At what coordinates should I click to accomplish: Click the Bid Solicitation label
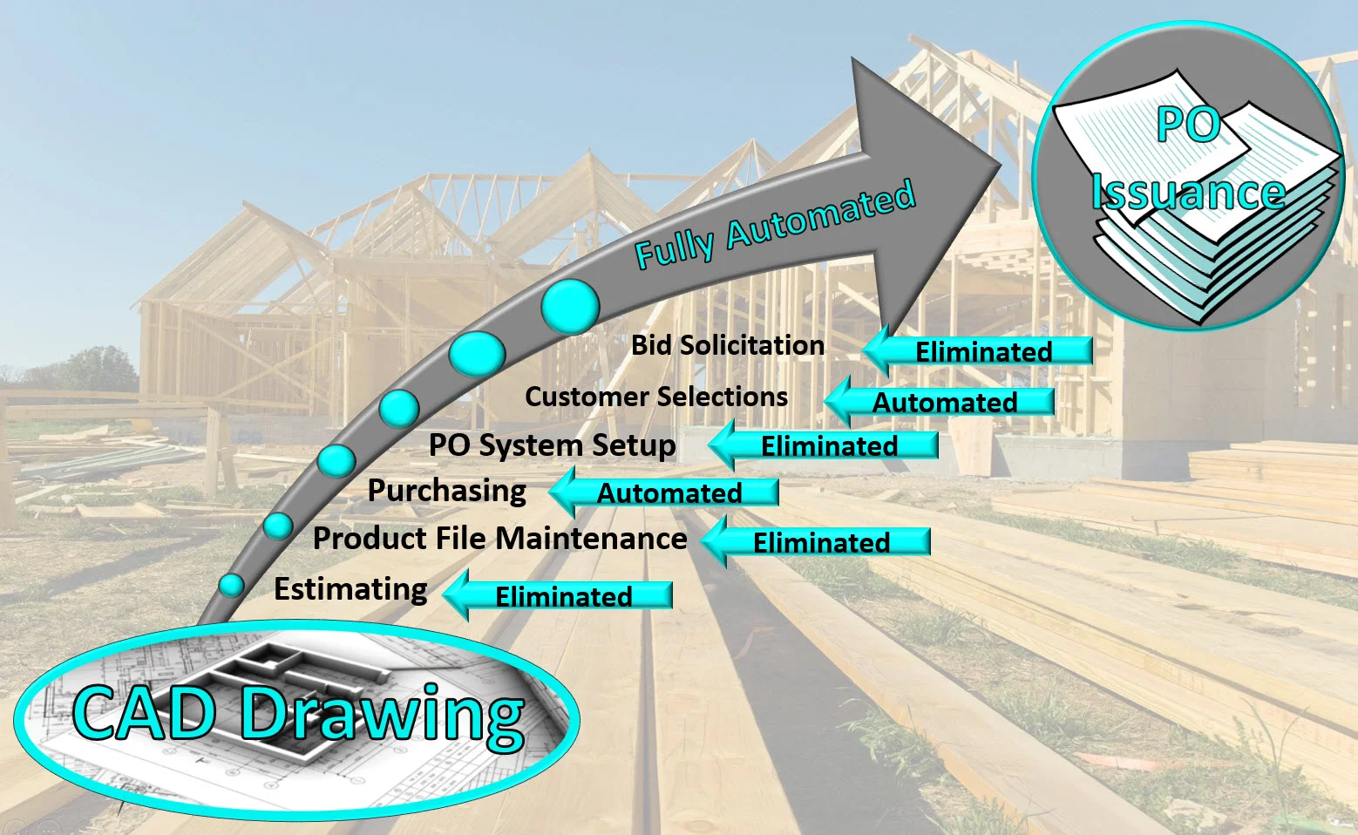pyautogui.click(x=727, y=345)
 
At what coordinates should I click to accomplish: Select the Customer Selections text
pyautogui.click(x=655, y=397)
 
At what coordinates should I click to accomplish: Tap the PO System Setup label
pyautogui.click(x=552, y=445)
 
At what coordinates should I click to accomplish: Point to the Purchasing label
pyautogui.click(x=446, y=491)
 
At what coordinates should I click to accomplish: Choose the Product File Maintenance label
pyautogui.click(x=499, y=539)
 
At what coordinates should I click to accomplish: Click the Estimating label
pyautogui.click(x=350, y=589)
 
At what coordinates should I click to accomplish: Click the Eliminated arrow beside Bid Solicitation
pyautogui.click(x=980, y=351)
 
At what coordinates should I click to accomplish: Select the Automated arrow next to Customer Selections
pyautogui.click(x=941, y=402)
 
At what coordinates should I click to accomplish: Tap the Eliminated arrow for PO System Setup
pyautogui.click(x=825, y=446)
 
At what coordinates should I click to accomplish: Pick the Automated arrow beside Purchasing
pyautogui.click(x=666, y=492)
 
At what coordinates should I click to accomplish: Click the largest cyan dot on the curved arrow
pyautogui.click(x=570, y=306)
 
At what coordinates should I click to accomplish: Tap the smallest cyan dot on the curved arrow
pyautogui.click(x=231, y=585)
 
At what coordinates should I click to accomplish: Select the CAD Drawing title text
pyautogui.click(x=299, y=715)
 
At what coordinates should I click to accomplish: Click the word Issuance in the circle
pyautogui.click(x=1188, y=191)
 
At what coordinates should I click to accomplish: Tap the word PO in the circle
pyautogui.click(x=1187, y=125)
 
